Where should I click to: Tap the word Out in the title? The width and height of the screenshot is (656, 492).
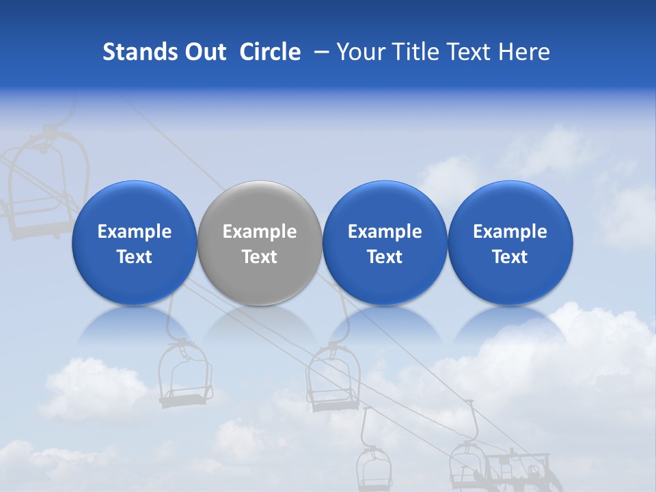203,52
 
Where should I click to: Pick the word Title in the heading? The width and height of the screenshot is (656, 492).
419,52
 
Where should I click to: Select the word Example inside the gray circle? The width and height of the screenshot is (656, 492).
260,232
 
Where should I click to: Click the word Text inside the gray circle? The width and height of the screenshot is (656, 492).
260,257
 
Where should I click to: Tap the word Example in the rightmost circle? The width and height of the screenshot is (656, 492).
510,232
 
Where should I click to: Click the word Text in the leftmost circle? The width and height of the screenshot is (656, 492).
134,257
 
